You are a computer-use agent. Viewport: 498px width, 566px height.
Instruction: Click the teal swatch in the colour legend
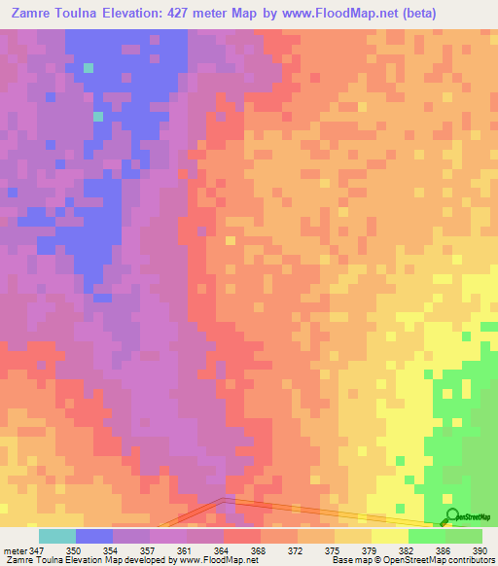pyautogui.click(x=57, y=536)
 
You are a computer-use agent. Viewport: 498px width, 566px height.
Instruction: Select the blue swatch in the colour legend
pyautogui.click(x=94, y=536)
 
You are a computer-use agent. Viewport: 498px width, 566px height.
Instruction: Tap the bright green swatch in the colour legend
pyautogui.click(x=427, y=536)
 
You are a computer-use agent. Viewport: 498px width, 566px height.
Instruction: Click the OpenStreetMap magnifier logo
pyautogui.click(x=452, y=516)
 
